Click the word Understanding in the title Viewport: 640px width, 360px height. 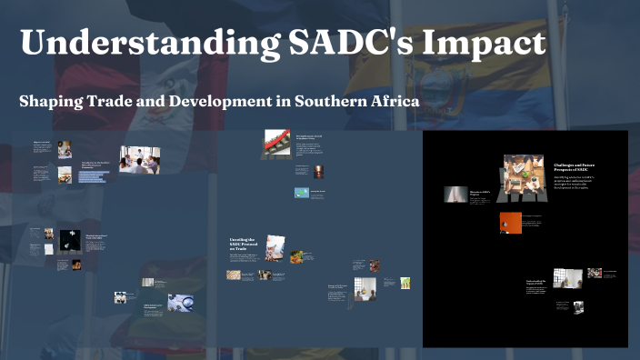pos(132,43)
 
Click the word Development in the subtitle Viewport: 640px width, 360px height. pos(225,101)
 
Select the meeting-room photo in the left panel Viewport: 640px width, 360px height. pos(139,159)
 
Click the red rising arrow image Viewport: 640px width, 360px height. pos(276,141)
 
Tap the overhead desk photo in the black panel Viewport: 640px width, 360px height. pos(523,176)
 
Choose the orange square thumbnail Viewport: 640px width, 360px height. pos(511,223)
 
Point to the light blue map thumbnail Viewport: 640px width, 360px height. pos(301,193)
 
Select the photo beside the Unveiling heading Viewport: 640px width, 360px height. pos(275,247)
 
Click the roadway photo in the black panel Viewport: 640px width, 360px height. pos(455,194)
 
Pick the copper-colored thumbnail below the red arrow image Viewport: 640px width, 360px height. pos(318,170)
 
